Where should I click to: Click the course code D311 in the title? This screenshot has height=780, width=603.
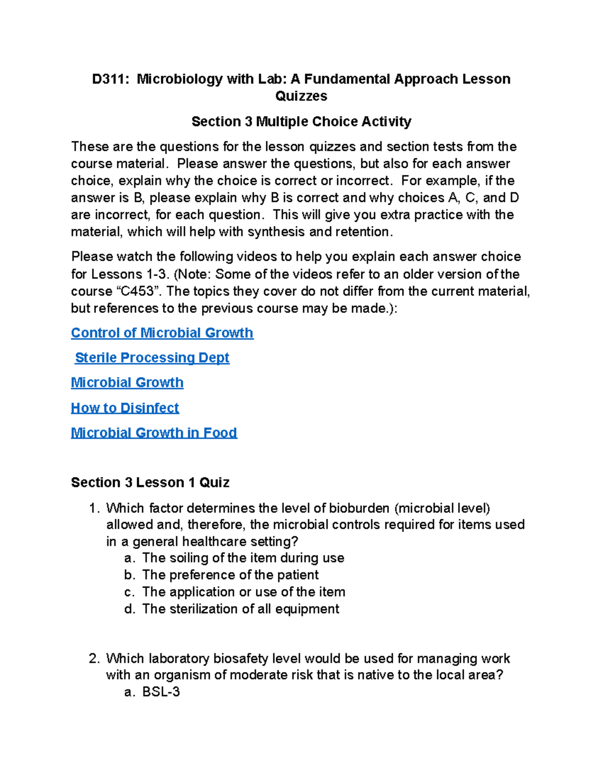(x=108, y=79)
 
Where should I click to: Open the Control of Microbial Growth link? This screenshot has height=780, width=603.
(x=162, y=333)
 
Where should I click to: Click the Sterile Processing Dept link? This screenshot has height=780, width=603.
(x=152, y=358)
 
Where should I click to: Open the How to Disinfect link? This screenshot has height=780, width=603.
(x=125, y=408)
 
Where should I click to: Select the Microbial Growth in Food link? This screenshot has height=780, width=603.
(x=154, y=433)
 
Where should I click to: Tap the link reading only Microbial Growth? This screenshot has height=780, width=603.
(x=127, y=383)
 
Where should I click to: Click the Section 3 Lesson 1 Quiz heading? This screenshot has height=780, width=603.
(x=150, y=483)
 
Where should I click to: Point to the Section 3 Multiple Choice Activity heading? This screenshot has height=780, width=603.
(x=301, y=122)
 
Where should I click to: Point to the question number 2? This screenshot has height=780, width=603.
(x=94, y=658)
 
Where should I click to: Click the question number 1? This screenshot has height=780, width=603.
(x=94, y=508)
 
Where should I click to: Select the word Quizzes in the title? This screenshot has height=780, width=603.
(x=301, y=96)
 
